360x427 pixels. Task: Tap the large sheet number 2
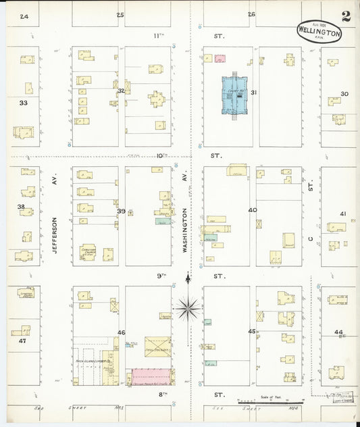pyautogui.click(x=346, y=16)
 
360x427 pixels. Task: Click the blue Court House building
pyautogui.click(x=234, y=97)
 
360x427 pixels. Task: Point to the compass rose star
pyautogui.click(x=188, y=308)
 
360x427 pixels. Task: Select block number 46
pyautogui.click(x=122, y=332)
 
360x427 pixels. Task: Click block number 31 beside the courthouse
pyautogui.click(x=254, y=93)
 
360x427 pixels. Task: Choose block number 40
pyautogui.click(x=253, y=210)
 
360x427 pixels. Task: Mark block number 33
pyautogui.click(x=23, y=103)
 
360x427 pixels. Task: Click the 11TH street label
pyautogui.click(x=159, y=34)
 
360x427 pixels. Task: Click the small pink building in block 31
pyautogui.click(x=220, y=58)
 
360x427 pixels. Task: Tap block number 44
pyautogui.click(x=338, y=332)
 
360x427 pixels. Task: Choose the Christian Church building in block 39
pyautogui.click(x=88, y=251)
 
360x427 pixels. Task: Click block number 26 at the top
pyautogui.click(x=251, y=14)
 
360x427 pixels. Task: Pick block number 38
pyautogui.click(x=21, y=207)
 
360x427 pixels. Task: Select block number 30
pyautogui.click(x=344, y=93)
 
